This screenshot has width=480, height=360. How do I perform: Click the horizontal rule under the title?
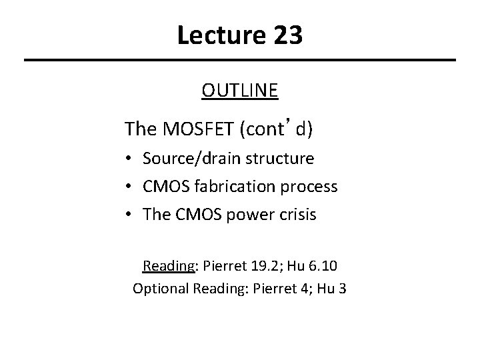[x=240, y=61]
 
